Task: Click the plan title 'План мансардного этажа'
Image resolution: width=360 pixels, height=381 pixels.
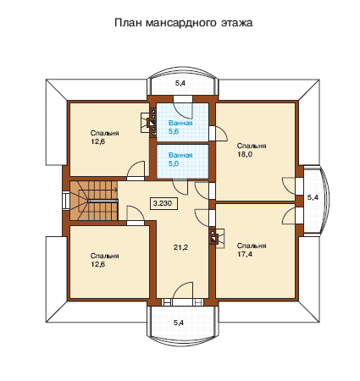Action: pos(183,23)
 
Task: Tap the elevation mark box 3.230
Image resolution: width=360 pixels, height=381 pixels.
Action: pos(163,203)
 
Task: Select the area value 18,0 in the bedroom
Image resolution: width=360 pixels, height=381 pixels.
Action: pos(245,154)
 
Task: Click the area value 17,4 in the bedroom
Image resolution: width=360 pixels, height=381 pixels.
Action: pos(245,254)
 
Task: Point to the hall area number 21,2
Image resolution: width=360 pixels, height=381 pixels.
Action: pos(180,247)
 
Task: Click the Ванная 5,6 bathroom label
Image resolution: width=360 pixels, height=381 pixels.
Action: pos(180,127)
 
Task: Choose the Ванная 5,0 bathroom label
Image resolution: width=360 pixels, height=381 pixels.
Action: pos(180,159)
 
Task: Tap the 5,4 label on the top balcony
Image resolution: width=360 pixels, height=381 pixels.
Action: pos(180,83)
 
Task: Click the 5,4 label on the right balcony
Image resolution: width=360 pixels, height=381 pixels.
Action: pos(313,197)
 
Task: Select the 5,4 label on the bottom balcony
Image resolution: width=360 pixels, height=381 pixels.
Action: pos(179,323)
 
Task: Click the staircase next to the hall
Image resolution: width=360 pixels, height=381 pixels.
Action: pos(93,201)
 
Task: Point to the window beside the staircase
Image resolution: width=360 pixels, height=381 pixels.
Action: pos(66,201)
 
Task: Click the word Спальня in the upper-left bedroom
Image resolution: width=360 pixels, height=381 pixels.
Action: pos(104,133)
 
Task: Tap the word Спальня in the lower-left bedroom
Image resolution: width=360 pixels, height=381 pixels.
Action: pos(104,256)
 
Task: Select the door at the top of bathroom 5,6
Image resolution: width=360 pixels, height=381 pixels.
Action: pos(183,108)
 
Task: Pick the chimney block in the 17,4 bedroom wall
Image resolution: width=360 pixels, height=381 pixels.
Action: pos(213,235)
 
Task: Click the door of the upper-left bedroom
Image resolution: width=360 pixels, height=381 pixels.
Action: pos(136,171)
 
